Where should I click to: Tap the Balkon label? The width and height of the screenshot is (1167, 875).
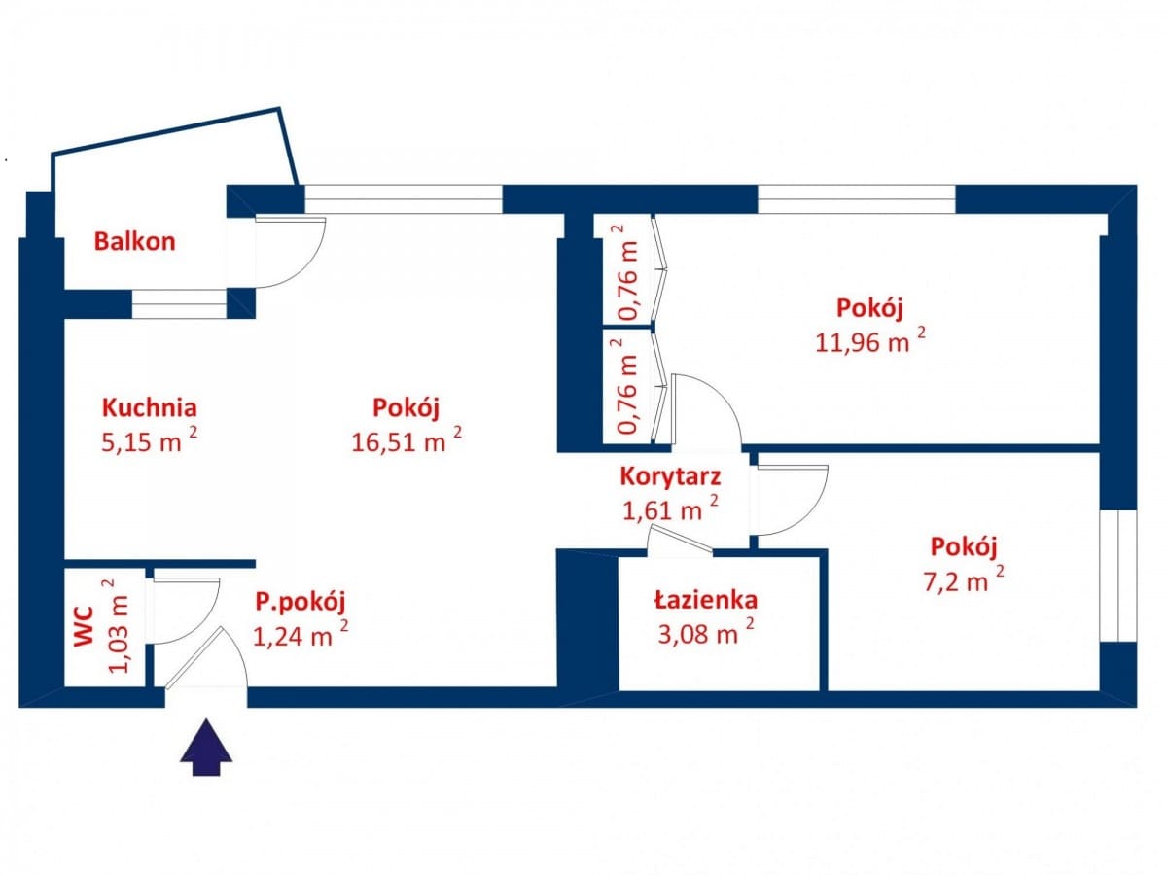(134, 241)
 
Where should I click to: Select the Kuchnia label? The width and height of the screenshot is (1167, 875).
(150, 407)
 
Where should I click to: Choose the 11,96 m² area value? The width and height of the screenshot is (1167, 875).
(869, 341)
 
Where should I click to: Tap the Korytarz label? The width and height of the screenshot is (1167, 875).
(670, 476)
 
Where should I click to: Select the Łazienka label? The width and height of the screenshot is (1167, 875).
(705, 600)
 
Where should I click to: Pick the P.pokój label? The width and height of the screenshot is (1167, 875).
(300, 602)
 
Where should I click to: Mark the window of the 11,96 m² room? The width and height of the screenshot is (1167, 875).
(856, 198)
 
